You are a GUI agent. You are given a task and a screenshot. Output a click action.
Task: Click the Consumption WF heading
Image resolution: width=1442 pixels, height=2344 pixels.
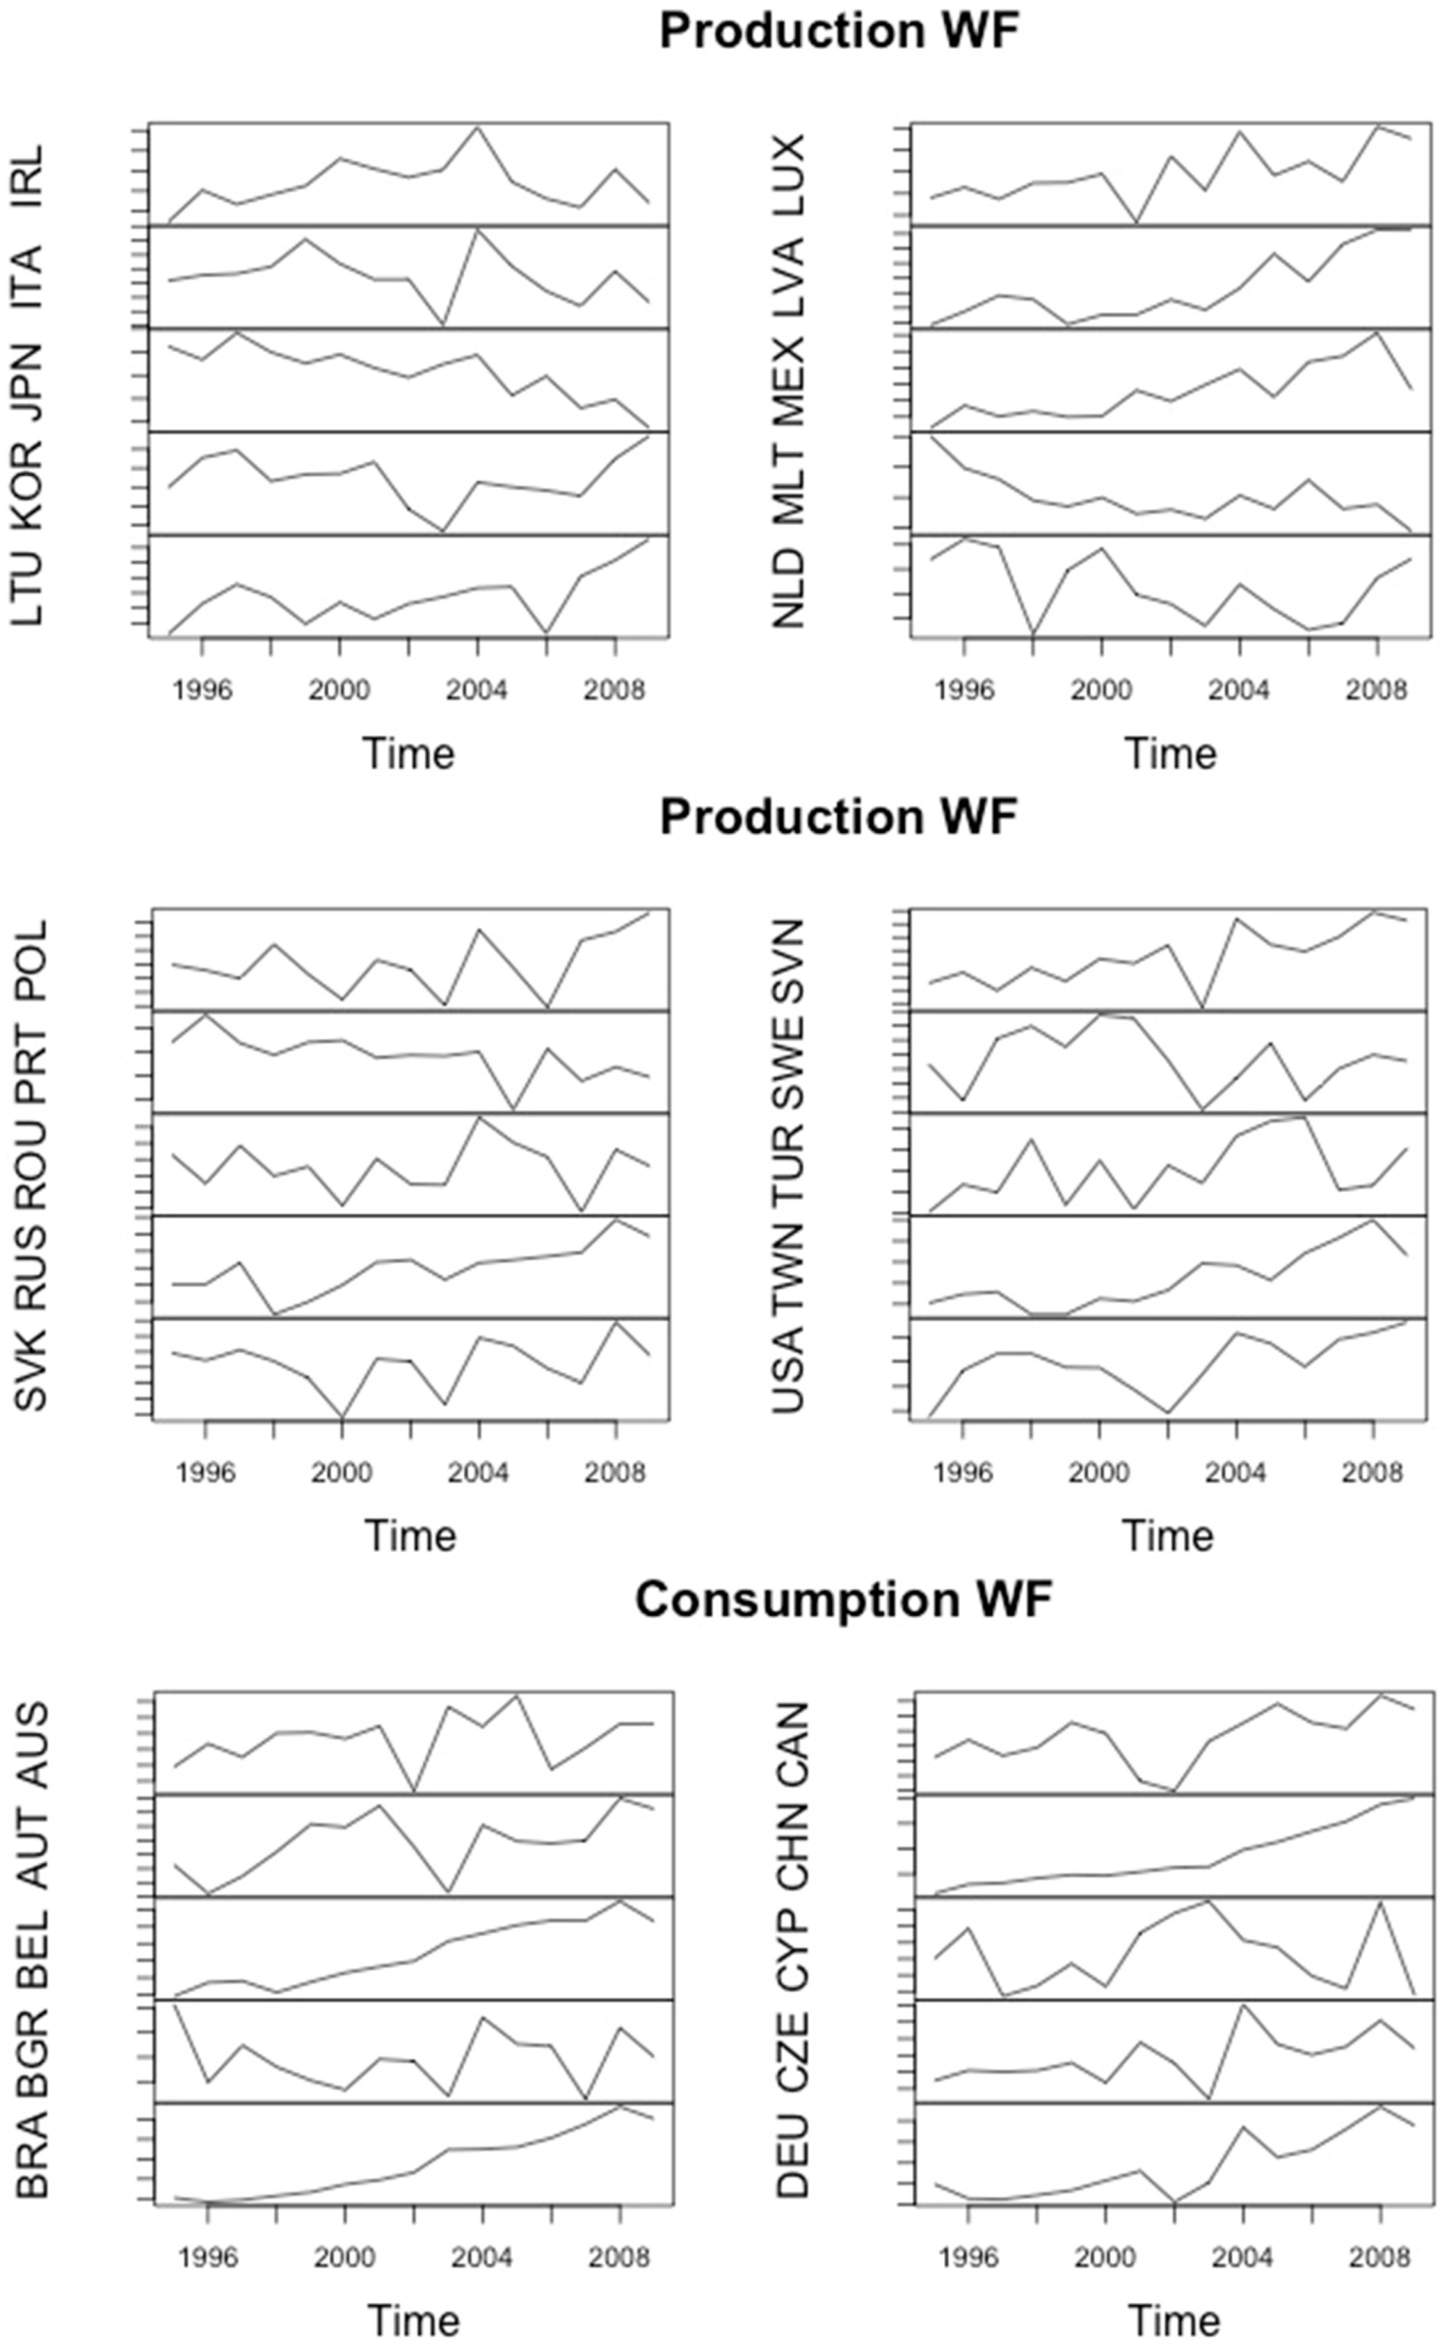[x=842, y=1599]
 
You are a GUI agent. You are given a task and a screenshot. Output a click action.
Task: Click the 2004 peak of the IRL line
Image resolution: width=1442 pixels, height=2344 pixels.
[x=477, y=127]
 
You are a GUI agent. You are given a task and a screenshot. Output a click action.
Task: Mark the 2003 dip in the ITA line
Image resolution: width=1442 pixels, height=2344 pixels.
[x=442, y=324]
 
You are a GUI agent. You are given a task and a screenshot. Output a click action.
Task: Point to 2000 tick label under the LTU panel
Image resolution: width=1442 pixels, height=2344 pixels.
[x=339, y=690]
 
